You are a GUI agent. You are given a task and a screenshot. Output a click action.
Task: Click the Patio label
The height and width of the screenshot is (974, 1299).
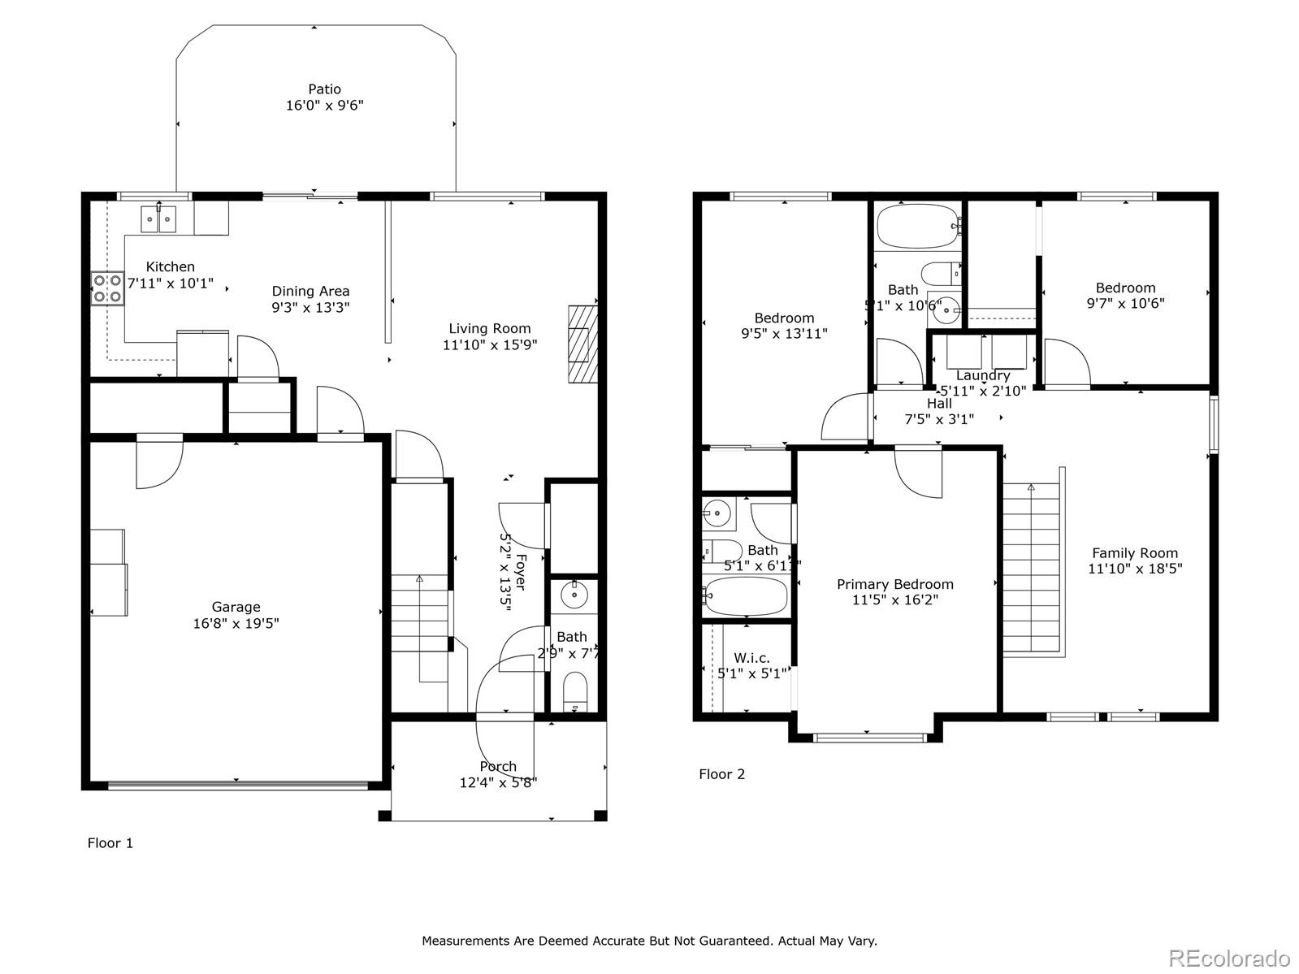pyautogui.click(x=324, y=89)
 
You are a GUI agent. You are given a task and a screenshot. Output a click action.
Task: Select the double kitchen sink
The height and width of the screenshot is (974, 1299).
pyautogui.click(x=158, y=219)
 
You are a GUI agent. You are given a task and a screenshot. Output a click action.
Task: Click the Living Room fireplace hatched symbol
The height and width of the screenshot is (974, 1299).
pyautogui.click(x=582, y=344)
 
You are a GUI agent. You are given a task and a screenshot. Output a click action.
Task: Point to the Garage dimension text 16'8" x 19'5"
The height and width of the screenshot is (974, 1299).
pyautogui.click(x=236, y=623)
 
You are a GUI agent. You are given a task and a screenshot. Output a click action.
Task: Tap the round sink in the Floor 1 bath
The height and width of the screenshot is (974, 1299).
pyautogui.click(x=575, y=595)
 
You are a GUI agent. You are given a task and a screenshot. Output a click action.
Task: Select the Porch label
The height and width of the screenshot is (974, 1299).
pyautogui.click(x=498, y=766)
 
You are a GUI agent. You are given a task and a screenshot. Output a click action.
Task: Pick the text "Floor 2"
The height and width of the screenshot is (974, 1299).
pyautogui.click(x=721, y=774)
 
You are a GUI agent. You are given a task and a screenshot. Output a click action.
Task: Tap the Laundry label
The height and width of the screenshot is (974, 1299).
pyautogui.click(x=982, y=375)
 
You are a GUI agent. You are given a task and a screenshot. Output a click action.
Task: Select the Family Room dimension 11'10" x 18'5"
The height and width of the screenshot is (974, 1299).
pyautogui.click(x=1135, y=569)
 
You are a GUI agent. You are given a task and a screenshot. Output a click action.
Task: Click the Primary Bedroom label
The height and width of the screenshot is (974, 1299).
pyautogui.click(x=894, y=584)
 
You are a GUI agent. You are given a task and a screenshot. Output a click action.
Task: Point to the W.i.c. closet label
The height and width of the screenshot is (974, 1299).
pyautogui.click(x=751, y=658)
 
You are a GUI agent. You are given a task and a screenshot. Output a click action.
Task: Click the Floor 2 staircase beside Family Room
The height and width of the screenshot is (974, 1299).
pyautogui.click(x=1032, y=569)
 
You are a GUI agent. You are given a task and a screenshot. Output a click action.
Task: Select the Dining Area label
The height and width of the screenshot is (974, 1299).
pyautogui.click(x=310, y=291)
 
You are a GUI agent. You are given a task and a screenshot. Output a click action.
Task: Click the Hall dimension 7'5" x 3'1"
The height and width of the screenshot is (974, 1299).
pyautogui.click(x=939, y=419)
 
